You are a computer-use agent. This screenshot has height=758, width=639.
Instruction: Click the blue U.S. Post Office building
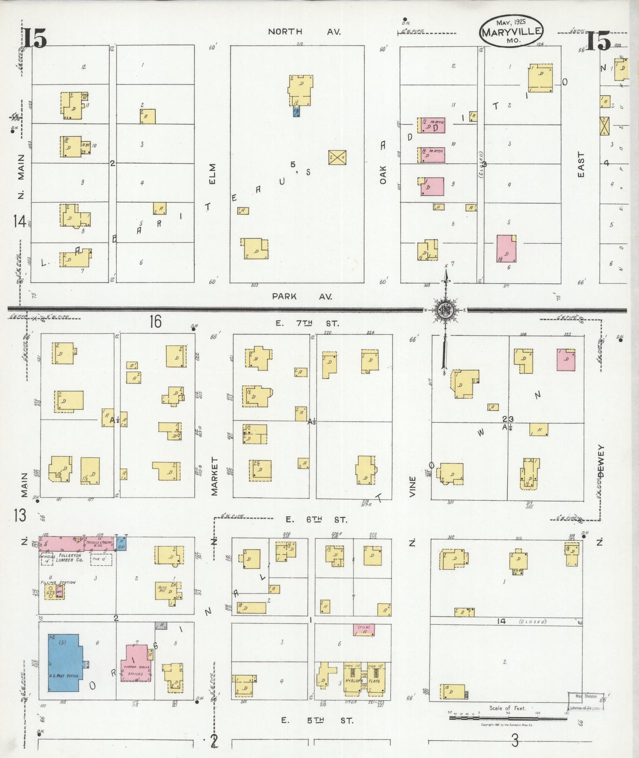pos(65,662)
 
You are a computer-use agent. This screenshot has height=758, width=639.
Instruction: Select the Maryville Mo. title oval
pos(511,31)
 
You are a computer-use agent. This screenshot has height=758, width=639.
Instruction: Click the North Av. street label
pos(304,31)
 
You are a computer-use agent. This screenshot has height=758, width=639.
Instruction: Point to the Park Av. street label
pos(302,296)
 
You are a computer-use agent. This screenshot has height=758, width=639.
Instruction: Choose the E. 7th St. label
pos(307,324)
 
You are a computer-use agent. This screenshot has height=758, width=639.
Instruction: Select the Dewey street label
pos(601,461)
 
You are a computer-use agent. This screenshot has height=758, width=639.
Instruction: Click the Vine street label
pos(413,486)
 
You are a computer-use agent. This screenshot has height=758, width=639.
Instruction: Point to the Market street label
pos(215,476)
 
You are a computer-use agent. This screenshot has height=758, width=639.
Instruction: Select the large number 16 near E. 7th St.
pos(155,322)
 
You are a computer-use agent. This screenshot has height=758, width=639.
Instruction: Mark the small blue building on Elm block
pos(297,111)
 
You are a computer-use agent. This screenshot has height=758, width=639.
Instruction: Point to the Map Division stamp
pos(585,701)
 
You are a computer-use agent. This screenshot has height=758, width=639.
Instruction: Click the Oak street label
pos(383,175)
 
